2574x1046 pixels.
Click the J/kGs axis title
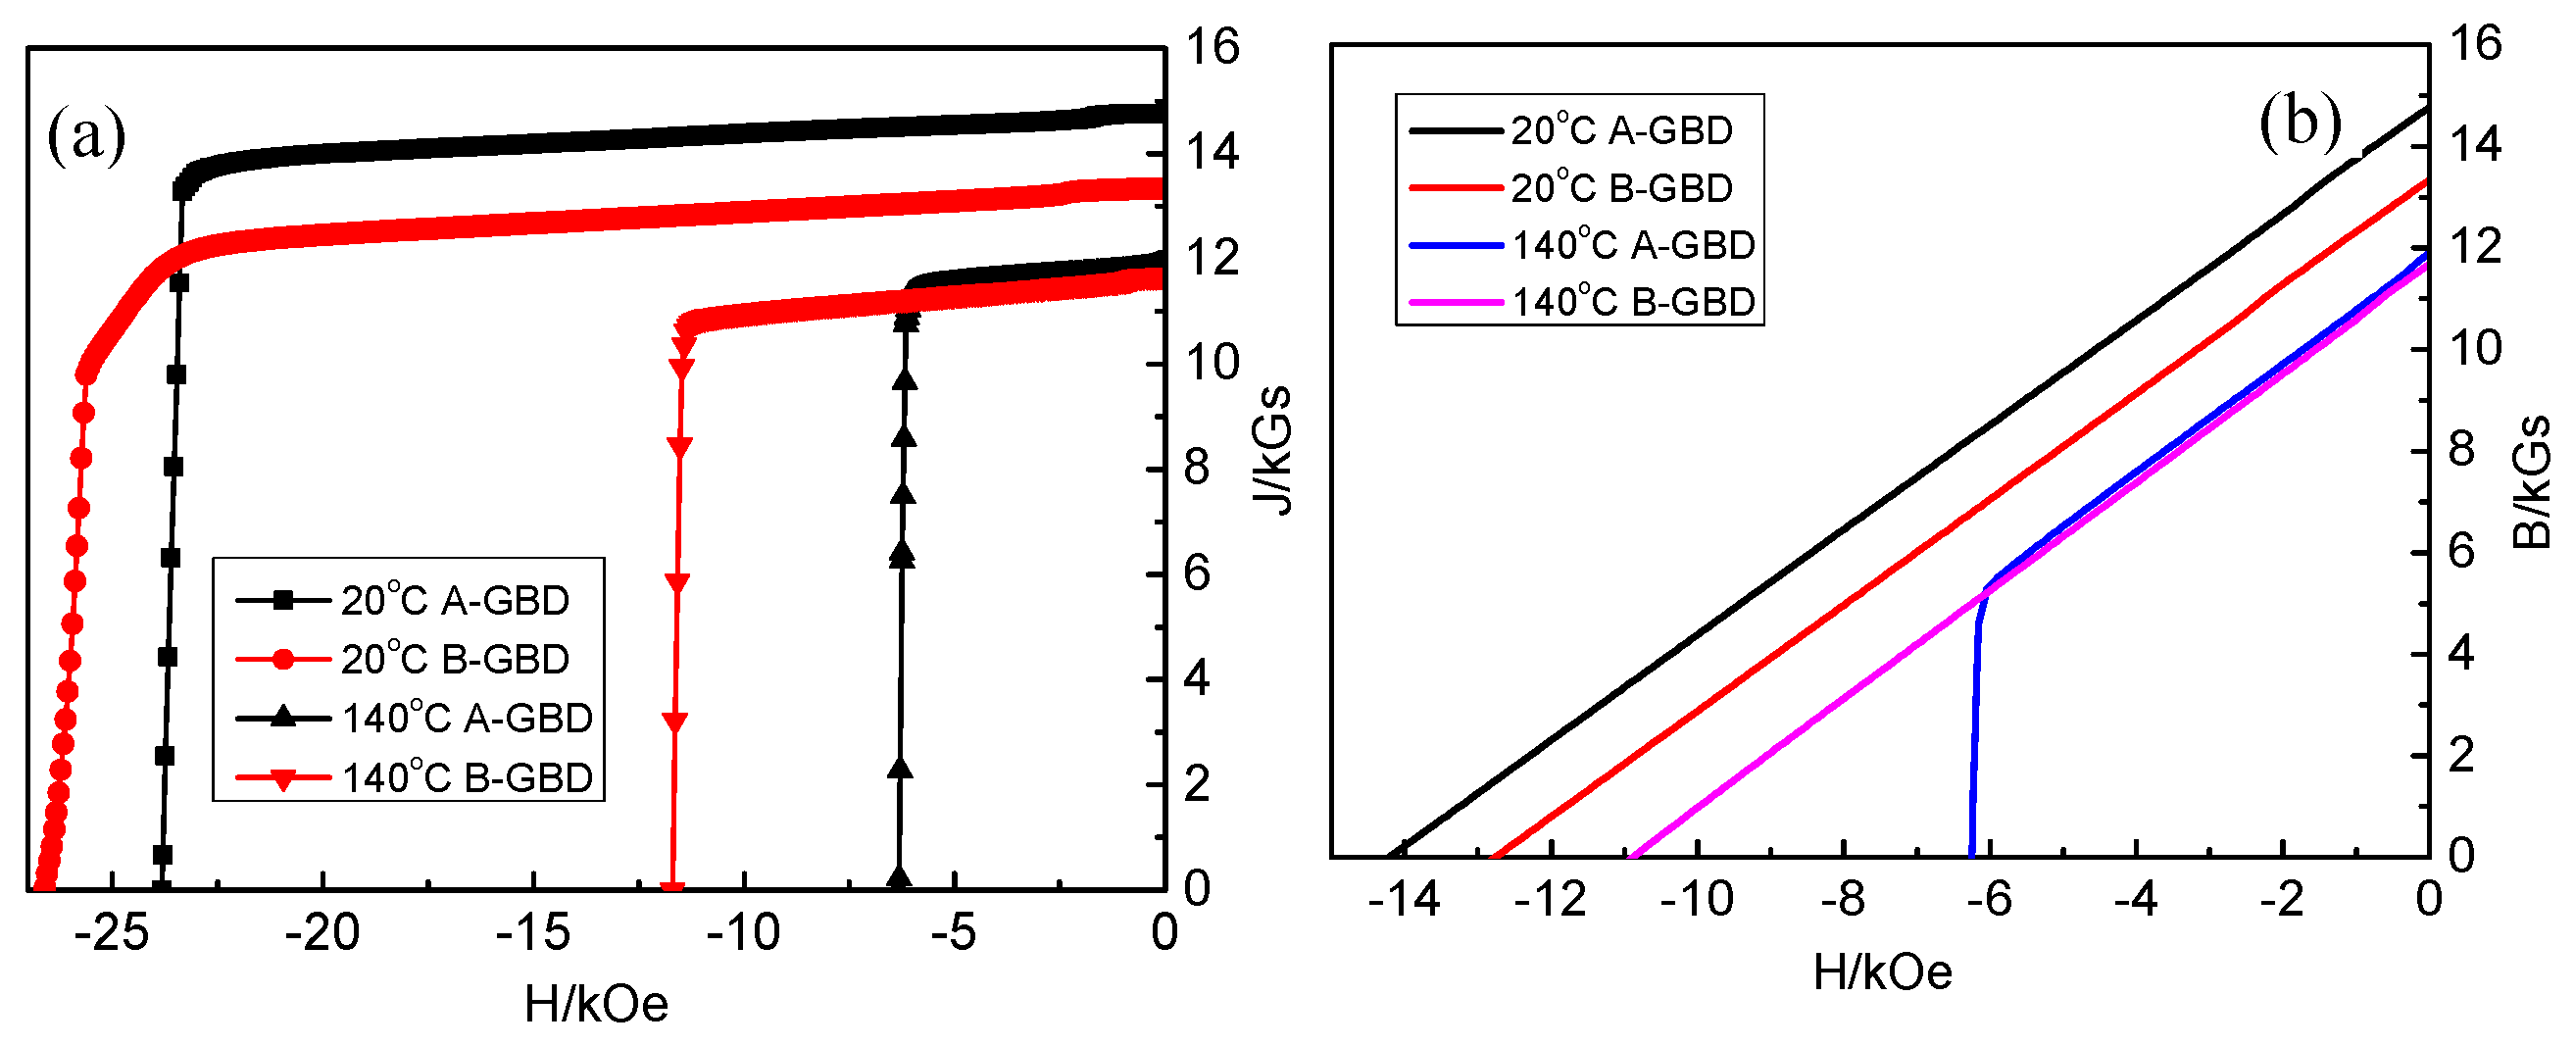[x=1273, y=450]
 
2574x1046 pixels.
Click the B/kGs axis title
[x=2530, y=481]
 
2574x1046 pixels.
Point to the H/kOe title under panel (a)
[x=596, y=1003]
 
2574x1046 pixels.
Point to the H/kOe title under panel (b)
[x=1882, y=972]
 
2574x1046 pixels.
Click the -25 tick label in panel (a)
[x=111, y=933]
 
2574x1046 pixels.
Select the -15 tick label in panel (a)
[x=532, y=933]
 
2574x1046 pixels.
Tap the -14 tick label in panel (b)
[x=1404, y=900]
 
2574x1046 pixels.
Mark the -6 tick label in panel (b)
[x=1989, y=900]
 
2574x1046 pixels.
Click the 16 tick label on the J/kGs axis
[x=1212, y=47]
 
